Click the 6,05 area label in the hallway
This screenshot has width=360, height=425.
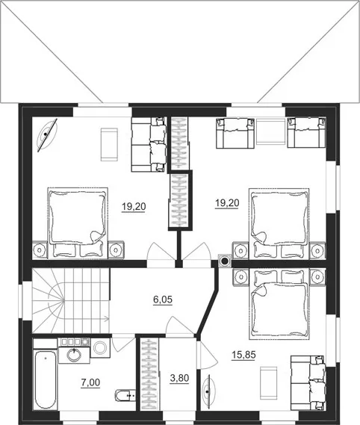coord(163,300)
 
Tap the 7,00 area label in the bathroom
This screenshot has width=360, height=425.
coord(90,382)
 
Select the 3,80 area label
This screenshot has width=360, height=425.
coord(179,378)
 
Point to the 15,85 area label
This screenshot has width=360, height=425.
coord(243,355)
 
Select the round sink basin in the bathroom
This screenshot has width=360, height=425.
coord(74,355)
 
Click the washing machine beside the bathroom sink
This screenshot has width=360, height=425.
coord(100,347)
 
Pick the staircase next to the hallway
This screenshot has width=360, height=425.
coord(71,300)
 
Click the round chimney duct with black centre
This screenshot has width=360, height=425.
coord(225,261)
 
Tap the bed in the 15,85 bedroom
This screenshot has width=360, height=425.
coord(279,305)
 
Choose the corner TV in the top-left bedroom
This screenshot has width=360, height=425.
coord(48,134)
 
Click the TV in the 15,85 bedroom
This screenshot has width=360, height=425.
coord(208,391)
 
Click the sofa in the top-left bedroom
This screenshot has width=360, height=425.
coord(149,144)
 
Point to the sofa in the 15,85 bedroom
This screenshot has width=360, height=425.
coord(308,382)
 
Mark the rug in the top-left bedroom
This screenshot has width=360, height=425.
coord(109,144)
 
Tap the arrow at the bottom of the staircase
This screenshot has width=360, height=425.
coord(106,319)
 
